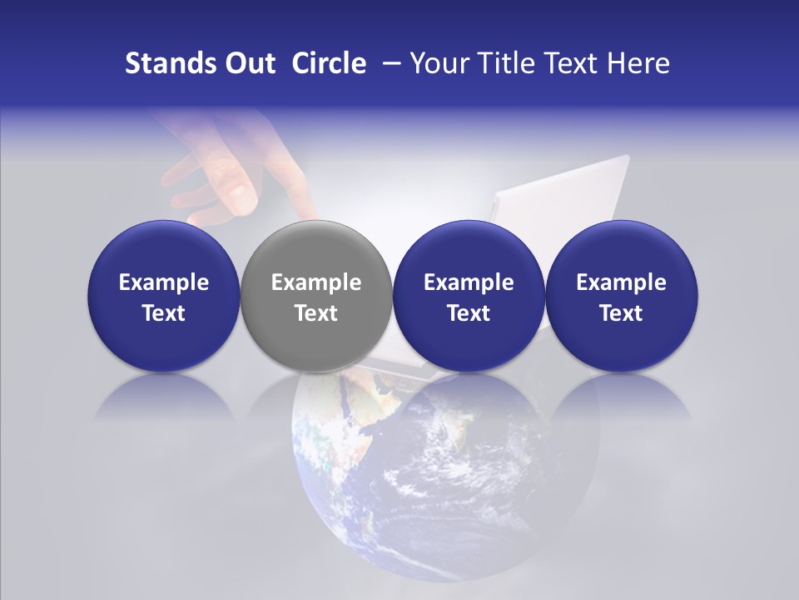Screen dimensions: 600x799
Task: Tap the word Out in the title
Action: (x=247, y=63)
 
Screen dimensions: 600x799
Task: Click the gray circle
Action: (x=315, y=296)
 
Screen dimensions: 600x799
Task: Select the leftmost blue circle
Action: (x=163, y=296)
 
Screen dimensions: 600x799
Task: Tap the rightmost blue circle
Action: (x=621, y=296)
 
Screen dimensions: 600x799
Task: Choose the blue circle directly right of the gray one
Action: (x=469, y=296)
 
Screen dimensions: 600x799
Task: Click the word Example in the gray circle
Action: (x=316, y=282)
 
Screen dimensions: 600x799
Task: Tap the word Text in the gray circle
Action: (x=316, y=313)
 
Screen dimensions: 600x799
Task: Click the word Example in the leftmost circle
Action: (x=164, y=282)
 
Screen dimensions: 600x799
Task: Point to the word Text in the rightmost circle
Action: (x=621, y=313)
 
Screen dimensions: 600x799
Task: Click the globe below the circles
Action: (x=445, y=483)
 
